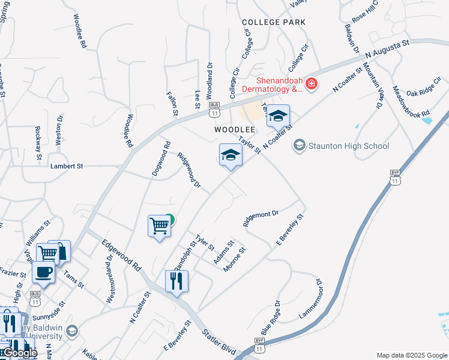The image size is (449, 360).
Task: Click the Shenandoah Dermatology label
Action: tap(271, 85)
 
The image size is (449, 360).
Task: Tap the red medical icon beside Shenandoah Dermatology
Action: tap(311, 83)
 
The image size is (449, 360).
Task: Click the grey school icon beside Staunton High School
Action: tap(299, 145)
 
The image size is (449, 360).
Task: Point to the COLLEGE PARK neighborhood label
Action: tap(274, 22)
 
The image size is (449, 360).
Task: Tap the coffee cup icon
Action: tap(43, 272)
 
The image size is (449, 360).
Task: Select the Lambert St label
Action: tap(67, 166)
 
